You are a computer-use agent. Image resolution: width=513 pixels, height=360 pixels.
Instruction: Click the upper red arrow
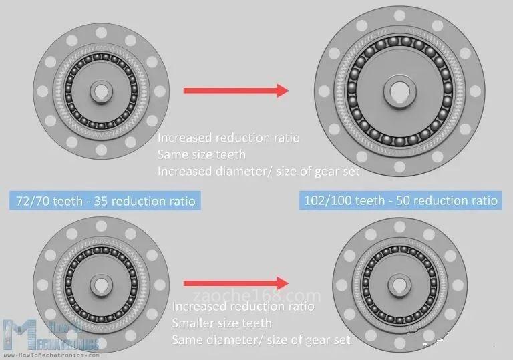tap(236, 91)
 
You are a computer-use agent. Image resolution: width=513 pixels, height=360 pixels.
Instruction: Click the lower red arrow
tap(236, 283)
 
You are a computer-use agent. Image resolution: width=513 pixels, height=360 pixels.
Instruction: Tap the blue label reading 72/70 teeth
tap(105, 200)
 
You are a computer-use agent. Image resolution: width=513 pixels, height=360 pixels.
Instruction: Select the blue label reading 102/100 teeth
tap(401, 200)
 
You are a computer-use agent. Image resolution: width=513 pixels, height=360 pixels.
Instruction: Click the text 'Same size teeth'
tap(202, 154)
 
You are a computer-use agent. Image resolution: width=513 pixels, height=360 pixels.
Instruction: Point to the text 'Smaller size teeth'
tap(222, 323)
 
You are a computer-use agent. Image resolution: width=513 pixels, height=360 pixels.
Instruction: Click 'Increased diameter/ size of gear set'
tap(259, 171)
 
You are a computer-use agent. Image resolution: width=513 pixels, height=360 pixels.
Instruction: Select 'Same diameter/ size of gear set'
tap(261, 340)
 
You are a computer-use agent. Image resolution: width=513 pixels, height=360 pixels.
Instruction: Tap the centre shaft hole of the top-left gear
tap(101, 92)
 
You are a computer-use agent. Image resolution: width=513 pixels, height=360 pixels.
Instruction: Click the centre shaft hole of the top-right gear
tap(399, 91)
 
